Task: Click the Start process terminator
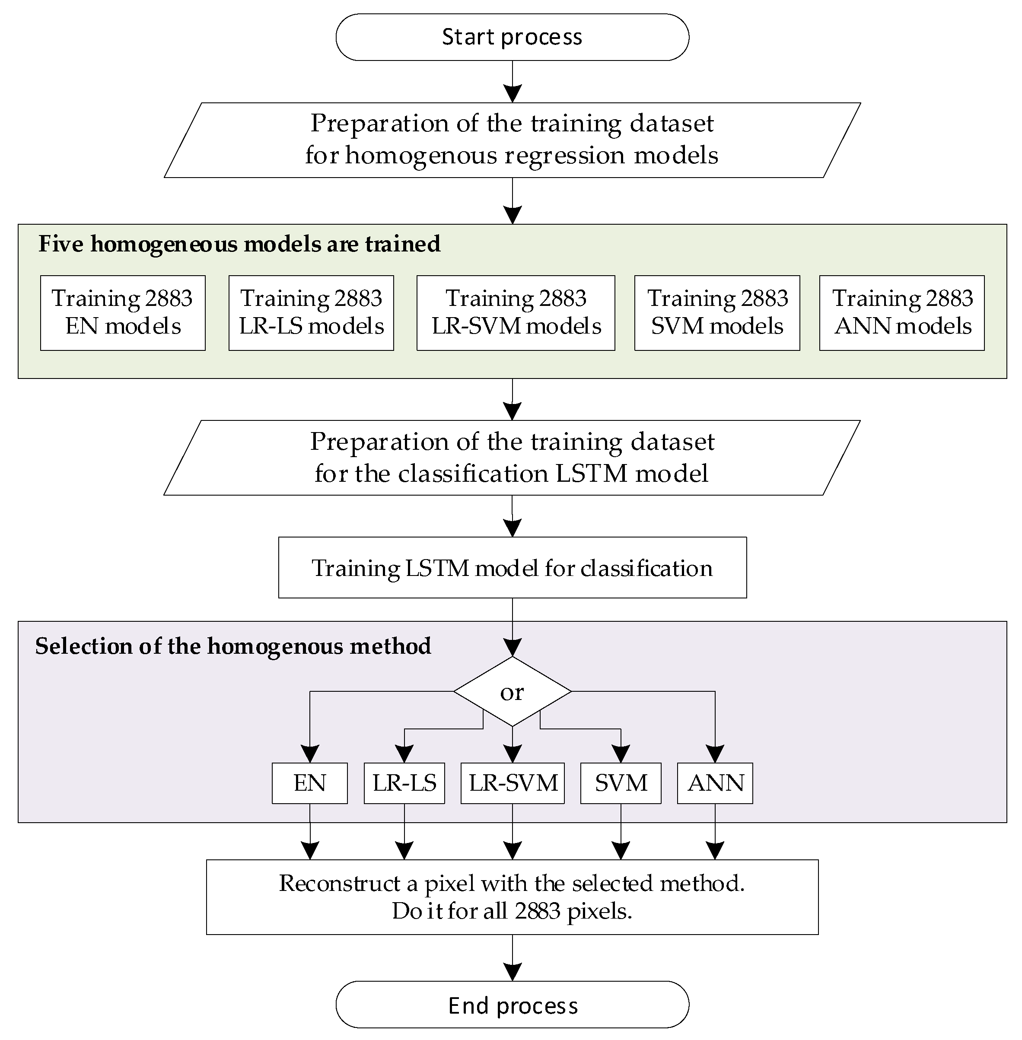[512, 37]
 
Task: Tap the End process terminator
[512, 1005]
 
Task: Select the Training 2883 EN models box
[122, 313]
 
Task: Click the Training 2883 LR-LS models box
[311, 313]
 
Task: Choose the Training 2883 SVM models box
[716, 313]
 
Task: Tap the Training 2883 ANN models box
[901, 313]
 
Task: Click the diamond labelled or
[512, 692]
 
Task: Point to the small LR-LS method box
[404, 783]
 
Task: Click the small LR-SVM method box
[512, 783]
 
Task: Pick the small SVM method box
[621, 783]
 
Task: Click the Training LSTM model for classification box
[512, 568]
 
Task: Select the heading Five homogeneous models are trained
[239, 244]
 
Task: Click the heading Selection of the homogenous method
[233, 646]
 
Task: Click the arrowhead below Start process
[513, 93]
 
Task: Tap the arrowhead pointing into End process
[513, 971]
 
